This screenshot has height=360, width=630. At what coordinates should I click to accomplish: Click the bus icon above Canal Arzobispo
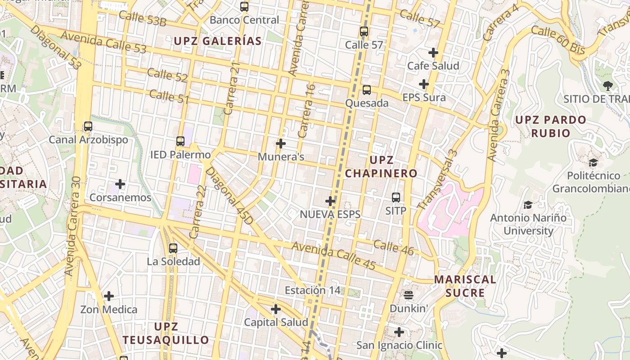tap(88, 126)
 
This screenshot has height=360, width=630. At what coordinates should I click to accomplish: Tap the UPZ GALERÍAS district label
tap(218, 41)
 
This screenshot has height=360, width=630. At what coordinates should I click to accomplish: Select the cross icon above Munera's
tap(281, 144)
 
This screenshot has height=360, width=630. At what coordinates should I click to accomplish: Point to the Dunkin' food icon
tap(409, 295)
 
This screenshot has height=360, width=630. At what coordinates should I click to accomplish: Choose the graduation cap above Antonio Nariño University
tap(528, 205)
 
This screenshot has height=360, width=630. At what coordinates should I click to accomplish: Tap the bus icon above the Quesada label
tap(367, 90)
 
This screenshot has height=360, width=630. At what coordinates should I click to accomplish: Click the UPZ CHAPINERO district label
tap(381, 166)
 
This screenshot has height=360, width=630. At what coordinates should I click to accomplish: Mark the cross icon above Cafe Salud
tap(433, 53)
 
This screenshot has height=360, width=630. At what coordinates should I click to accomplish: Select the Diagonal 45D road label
tap(229, 196)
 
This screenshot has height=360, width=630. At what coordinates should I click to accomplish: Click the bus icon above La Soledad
tap(173, 248)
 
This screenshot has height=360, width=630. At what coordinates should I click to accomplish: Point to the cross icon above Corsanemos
tap(120, 184)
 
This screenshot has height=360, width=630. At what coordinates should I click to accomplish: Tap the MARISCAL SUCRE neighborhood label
tap(465, 286)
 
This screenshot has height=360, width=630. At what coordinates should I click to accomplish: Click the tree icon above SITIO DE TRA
tap(608, 85)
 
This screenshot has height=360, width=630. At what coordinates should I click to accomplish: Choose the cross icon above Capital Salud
tap(276, 309)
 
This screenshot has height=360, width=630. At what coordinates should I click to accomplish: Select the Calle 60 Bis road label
tap(558, 40)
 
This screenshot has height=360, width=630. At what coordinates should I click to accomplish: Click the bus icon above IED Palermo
tap(180, 141)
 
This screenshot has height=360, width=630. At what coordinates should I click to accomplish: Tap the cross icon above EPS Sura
tap(424, 84)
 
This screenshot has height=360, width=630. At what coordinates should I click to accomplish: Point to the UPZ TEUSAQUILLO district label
tap(166, 333)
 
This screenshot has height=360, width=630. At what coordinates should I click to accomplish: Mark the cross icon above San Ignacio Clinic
tap(399, 332)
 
